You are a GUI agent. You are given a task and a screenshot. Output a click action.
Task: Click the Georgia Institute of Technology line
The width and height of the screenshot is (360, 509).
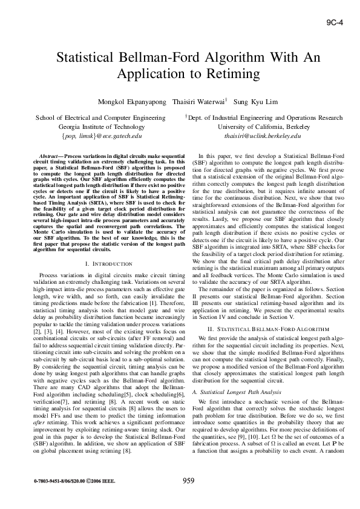101,127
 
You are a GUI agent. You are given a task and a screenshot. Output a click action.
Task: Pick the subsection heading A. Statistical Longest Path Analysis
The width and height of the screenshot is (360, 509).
231,376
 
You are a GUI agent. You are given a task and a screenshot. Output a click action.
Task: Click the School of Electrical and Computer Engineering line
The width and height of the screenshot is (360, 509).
101,118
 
